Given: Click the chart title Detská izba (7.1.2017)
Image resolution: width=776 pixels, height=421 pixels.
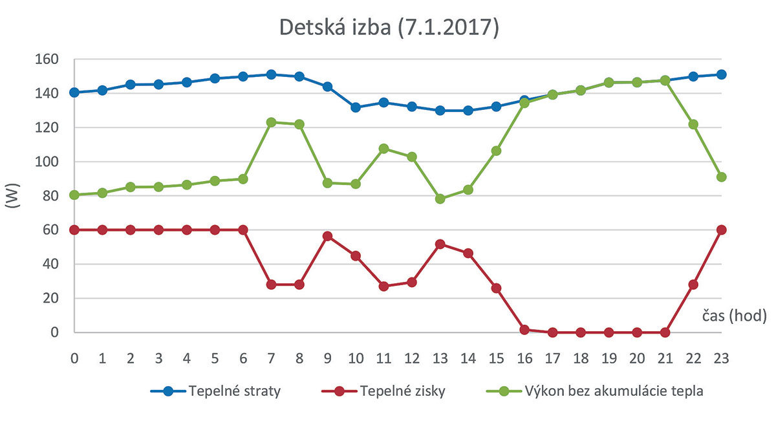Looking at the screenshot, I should click(x=389, y=28).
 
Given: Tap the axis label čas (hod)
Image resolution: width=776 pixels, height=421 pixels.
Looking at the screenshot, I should click(x=734, y=316).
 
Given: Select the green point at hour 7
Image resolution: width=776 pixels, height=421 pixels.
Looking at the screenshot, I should click(x=272, y=122).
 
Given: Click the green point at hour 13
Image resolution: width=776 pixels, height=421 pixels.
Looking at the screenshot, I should click(x=440, y=199).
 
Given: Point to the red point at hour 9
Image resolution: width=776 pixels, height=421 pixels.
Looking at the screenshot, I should click(x=328, y=236).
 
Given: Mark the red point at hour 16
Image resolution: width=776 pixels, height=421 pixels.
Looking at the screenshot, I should click(x=524, y=330).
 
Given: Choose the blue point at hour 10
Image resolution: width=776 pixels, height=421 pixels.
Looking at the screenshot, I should click(x=356, y=107).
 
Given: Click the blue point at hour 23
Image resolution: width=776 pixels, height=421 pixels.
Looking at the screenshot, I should click(x=722, y=74).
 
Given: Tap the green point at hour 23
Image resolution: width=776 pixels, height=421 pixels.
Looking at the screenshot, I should click(x=722, y=177).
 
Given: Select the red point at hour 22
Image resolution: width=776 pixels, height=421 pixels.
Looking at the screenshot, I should click(x=693, y=285).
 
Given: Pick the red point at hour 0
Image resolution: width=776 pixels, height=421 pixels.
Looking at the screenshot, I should click(x=74, y=230).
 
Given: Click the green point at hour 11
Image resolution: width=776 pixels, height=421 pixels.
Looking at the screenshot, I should click(x=384, y=149).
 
